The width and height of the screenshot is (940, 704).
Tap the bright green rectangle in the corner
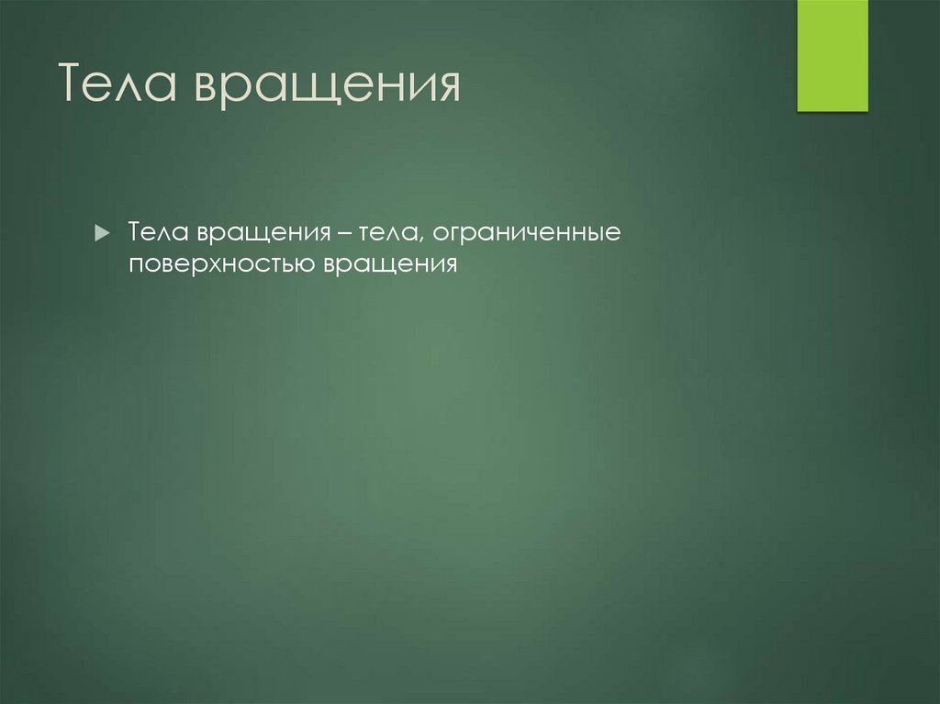832,55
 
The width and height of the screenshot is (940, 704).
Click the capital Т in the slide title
73,86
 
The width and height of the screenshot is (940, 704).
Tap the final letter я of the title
446,88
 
